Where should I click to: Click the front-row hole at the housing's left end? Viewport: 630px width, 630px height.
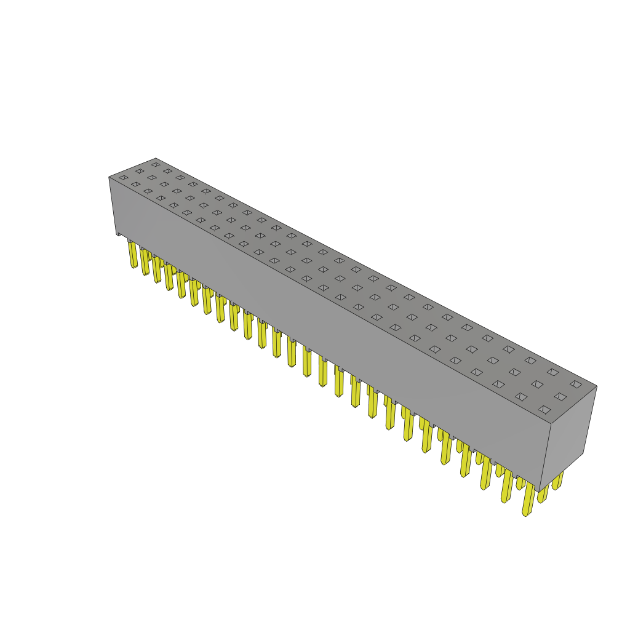(x=124, y=178)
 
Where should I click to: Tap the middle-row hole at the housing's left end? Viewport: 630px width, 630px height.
(x=140, y=171)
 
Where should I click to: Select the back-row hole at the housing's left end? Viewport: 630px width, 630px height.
(x=156, y=165)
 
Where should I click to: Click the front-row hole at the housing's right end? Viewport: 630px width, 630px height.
(x=544, y=410)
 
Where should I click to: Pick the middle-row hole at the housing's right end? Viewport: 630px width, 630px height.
(x=560, y=397)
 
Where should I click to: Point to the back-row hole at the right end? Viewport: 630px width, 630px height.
(x=576, y=385)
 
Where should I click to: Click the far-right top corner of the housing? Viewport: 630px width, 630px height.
(x=597, y=386)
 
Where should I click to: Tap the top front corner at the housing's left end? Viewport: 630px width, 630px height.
(x=110, y=177)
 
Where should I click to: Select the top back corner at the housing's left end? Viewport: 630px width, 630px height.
(x=156, y=159)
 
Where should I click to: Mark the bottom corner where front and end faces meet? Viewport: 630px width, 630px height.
(x=540, y=492)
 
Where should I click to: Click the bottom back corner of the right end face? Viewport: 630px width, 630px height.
(x=583, y=453)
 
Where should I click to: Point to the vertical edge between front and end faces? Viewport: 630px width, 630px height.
(x=546, y=458)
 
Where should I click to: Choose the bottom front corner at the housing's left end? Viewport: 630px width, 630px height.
(x=117, y=234)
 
